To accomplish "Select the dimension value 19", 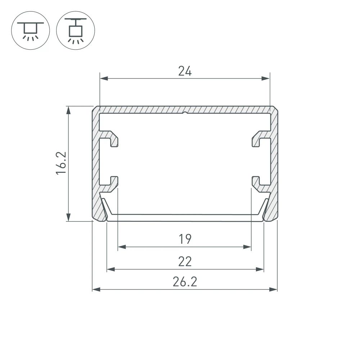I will (x=185, y=239).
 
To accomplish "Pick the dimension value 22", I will (x=185, y=261).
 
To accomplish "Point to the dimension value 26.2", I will (x=185, y=282).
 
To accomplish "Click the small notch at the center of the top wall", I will (x=185, y=113).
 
